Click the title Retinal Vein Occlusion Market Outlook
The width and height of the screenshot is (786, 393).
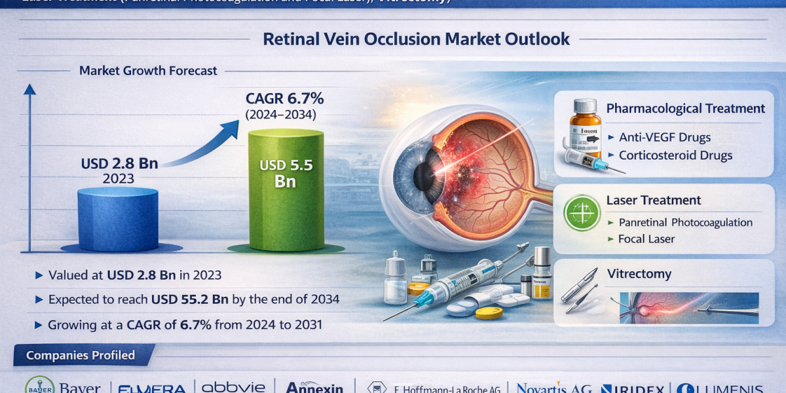point(416,39)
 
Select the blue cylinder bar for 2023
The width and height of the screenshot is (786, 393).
point(118,219)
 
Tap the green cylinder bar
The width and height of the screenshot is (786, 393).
point(286,190)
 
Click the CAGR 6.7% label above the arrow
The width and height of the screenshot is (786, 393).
point(285,100)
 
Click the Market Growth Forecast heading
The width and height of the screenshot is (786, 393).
point(148,71)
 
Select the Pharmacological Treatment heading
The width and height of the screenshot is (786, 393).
point(686,109)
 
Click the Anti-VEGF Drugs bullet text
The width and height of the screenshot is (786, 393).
point(665,138)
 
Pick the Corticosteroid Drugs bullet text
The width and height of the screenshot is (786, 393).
point(675,155)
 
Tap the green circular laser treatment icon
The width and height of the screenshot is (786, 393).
point(582,213)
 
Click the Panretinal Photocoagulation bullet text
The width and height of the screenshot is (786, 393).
point(685,222)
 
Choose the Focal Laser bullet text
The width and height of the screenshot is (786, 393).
point(646,239)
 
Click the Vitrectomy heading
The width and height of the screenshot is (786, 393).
point(639,274)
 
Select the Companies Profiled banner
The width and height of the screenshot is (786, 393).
point(81,356)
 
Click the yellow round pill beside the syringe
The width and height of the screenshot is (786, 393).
point(489,312)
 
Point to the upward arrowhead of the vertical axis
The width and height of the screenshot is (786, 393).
point(29,89)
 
